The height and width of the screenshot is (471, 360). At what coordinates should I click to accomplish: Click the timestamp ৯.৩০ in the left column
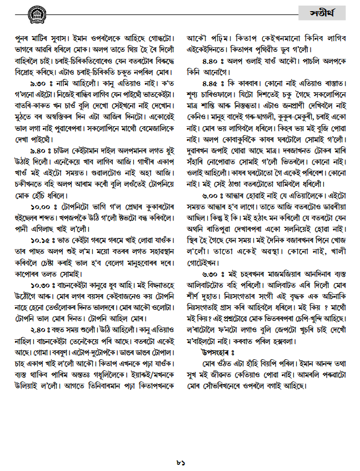pyautogui.click(x=36, y=82)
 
